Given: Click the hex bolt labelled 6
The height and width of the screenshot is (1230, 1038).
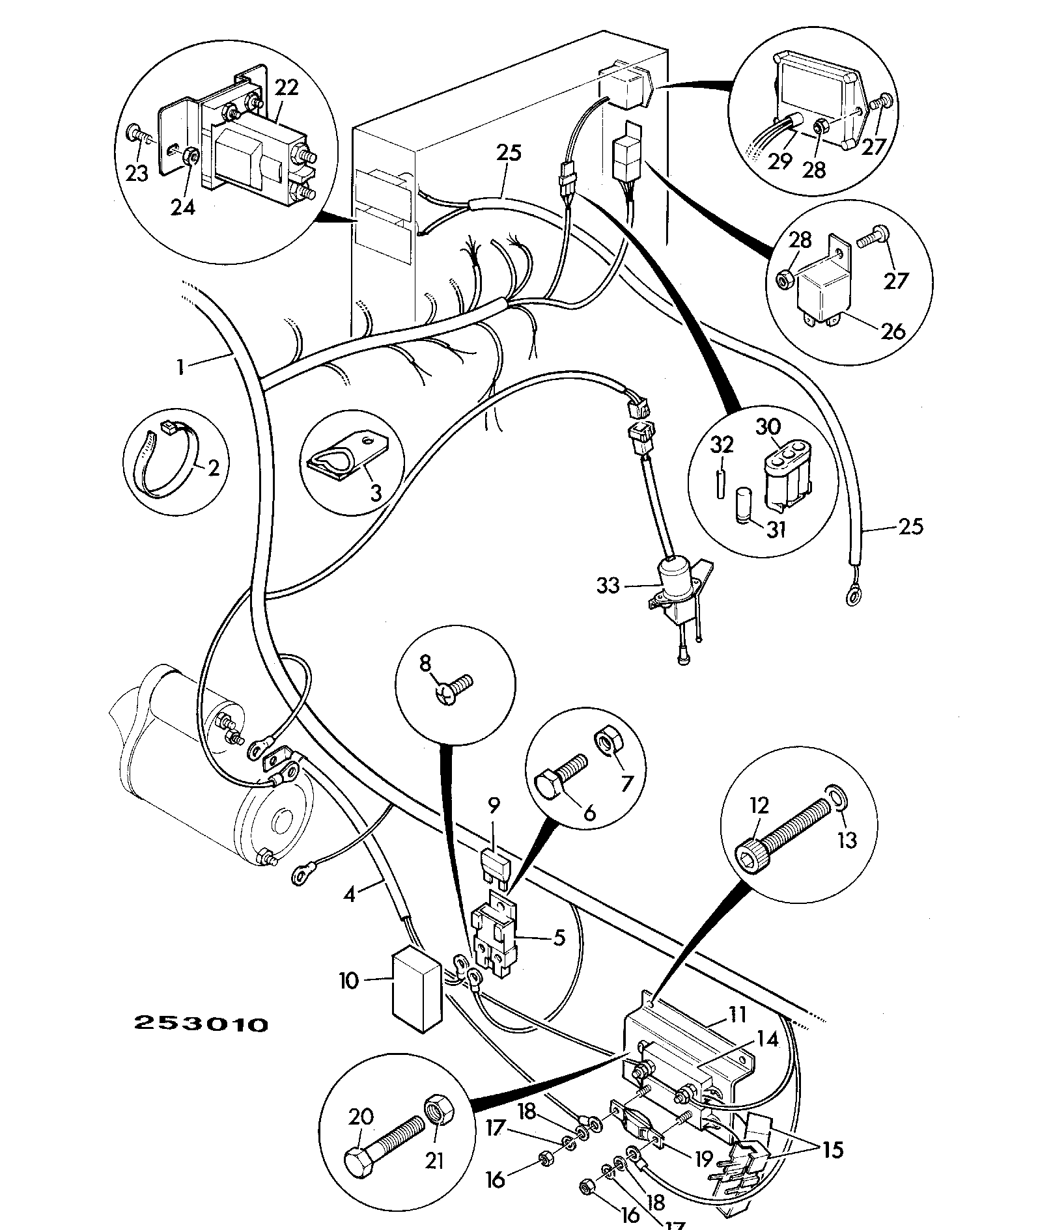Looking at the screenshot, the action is (x=561, y=771).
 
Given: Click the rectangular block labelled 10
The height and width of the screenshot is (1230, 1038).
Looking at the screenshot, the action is (x=417, y=991).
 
